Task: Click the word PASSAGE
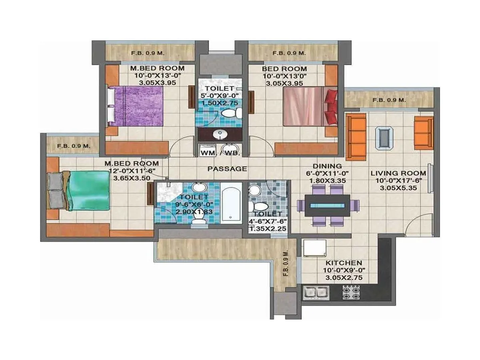coord(227,169)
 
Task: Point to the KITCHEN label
coord(344,263)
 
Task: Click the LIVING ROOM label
coord(398,173)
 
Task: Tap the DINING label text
coord(327,166)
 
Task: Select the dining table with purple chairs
coord(327,206)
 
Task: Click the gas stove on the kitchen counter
coord(351,292)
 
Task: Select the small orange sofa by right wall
coord(424,133)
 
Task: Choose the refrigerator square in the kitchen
coord(314,248)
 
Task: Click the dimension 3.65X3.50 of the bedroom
coord(132,178)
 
